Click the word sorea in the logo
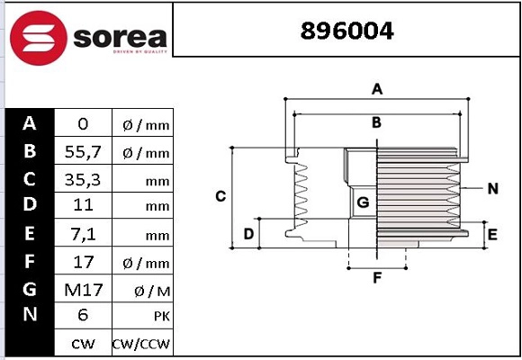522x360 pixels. click(x=121, y=37)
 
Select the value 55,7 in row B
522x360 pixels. click(x=83, y=152)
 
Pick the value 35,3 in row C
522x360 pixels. click(x=83, y=180)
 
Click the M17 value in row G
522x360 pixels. click(x=83, y=290)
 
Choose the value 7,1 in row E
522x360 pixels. click(x=83, y=235)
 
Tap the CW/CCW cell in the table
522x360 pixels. click(x=141, y=344)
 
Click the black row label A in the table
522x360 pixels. click(x=30, y=124)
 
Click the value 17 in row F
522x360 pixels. click(x=83, y=262)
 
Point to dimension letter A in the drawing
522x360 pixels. click(x=378, y=88)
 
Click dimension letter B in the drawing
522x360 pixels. click(x=377, y=122)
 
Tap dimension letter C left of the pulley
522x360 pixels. click(x=220, y=196)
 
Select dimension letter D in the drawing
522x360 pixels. click(x=248, y=235)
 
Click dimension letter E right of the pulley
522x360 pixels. click(x=492, y=235)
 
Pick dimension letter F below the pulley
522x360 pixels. click(x=378, y=278)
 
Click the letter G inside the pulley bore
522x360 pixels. click(x=363, y=202)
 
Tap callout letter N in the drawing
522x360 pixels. click(x=492, y=188)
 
